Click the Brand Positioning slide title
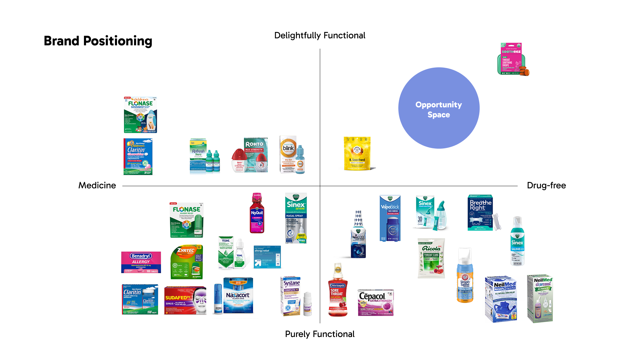[x=98, y=41]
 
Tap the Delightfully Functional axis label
[x=320, y=35]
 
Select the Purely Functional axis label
[x=320, y=334]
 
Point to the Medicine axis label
[x=97, y=185]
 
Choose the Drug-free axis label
[x=546, y=185]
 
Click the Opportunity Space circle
[x=439, y=108]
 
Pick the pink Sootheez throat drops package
[x=512, y=59]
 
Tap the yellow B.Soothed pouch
[x=357, y=153]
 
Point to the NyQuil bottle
[x=257, y=213]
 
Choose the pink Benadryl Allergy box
[x=141, y=262]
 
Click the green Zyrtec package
[x=186, y=262]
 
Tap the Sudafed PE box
[x=185, y=300]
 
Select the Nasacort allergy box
[x=238, y=295]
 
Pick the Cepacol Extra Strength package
[x=376, y=302]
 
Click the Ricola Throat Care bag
[x=431, y=258]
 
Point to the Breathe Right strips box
[x=481, y=213]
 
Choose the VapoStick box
[x=390, y=218]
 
